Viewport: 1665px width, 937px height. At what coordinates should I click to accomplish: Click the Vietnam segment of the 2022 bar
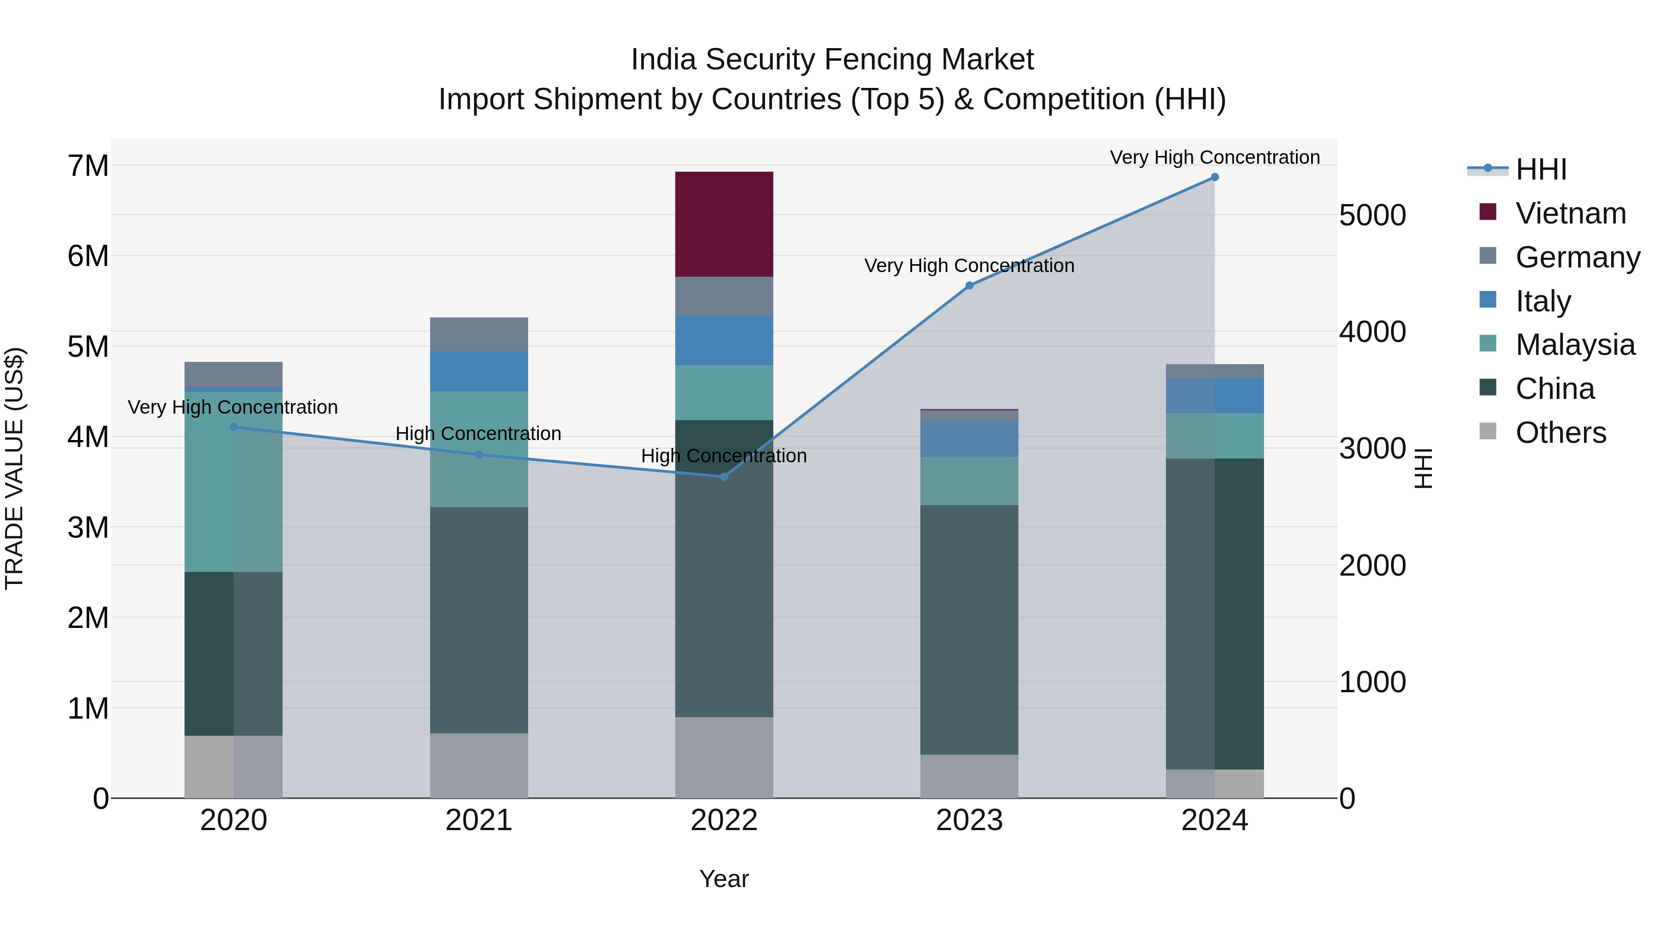[724, 224]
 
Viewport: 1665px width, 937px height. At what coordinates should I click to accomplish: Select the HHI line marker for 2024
[1215, 177]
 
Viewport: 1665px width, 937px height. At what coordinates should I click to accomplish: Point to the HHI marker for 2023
[969, 285]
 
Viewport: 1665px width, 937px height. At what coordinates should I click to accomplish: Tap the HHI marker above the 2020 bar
[234, 427]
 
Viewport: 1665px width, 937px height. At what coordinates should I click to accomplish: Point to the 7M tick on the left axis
[88, 166]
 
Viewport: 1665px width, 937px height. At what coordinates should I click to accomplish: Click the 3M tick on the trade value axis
[88, 527]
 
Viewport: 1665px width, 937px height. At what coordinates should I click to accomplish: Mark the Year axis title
[724, 879]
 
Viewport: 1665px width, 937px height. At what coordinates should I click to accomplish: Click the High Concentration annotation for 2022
[724, 456]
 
